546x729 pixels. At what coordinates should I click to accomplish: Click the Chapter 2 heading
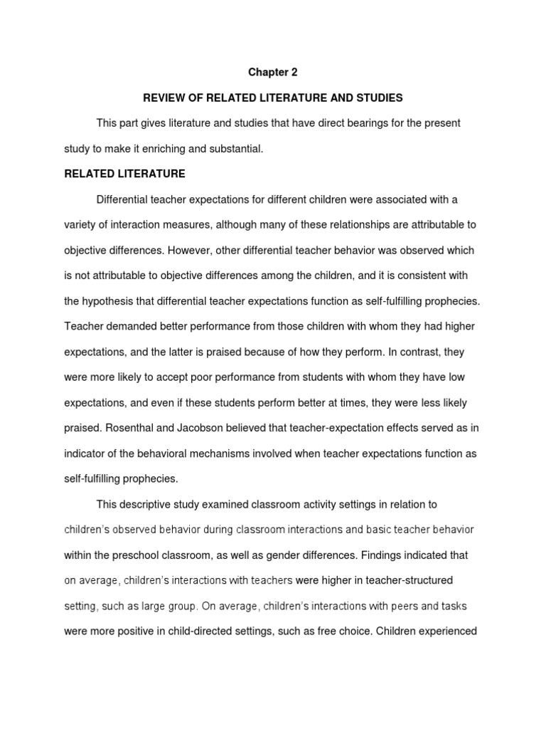(272, 72)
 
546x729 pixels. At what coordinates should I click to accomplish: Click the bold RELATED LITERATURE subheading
(124, 174)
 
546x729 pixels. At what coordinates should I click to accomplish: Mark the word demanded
(125, 327)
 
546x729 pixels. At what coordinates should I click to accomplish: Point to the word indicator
(85, 453)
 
